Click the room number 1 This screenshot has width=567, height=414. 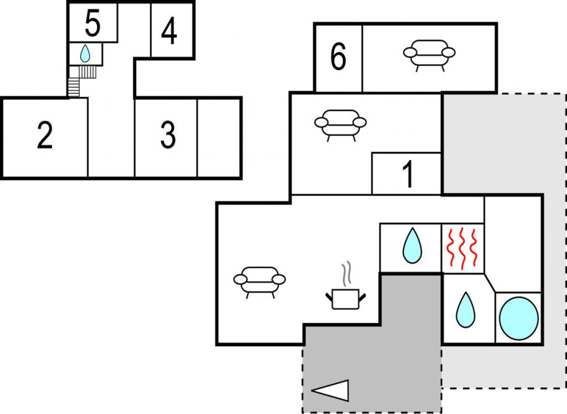point(408,174)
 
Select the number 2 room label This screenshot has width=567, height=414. point(45,135)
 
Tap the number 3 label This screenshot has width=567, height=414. point(168,135)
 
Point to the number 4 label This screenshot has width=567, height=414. point(169,30)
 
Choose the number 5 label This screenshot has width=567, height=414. point(93,23)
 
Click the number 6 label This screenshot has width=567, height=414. point(338,56)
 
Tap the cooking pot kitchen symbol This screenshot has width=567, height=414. point(346,299)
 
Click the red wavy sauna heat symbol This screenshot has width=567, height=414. point(462,248)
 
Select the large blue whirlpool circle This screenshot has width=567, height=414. point(519,318)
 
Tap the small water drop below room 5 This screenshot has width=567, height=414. point(85,54)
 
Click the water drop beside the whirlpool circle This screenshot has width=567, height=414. point(466,310)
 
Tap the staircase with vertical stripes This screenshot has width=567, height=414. point(88,72)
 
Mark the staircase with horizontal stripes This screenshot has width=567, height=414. point(74,87)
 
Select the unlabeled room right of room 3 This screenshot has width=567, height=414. point(219,138)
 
